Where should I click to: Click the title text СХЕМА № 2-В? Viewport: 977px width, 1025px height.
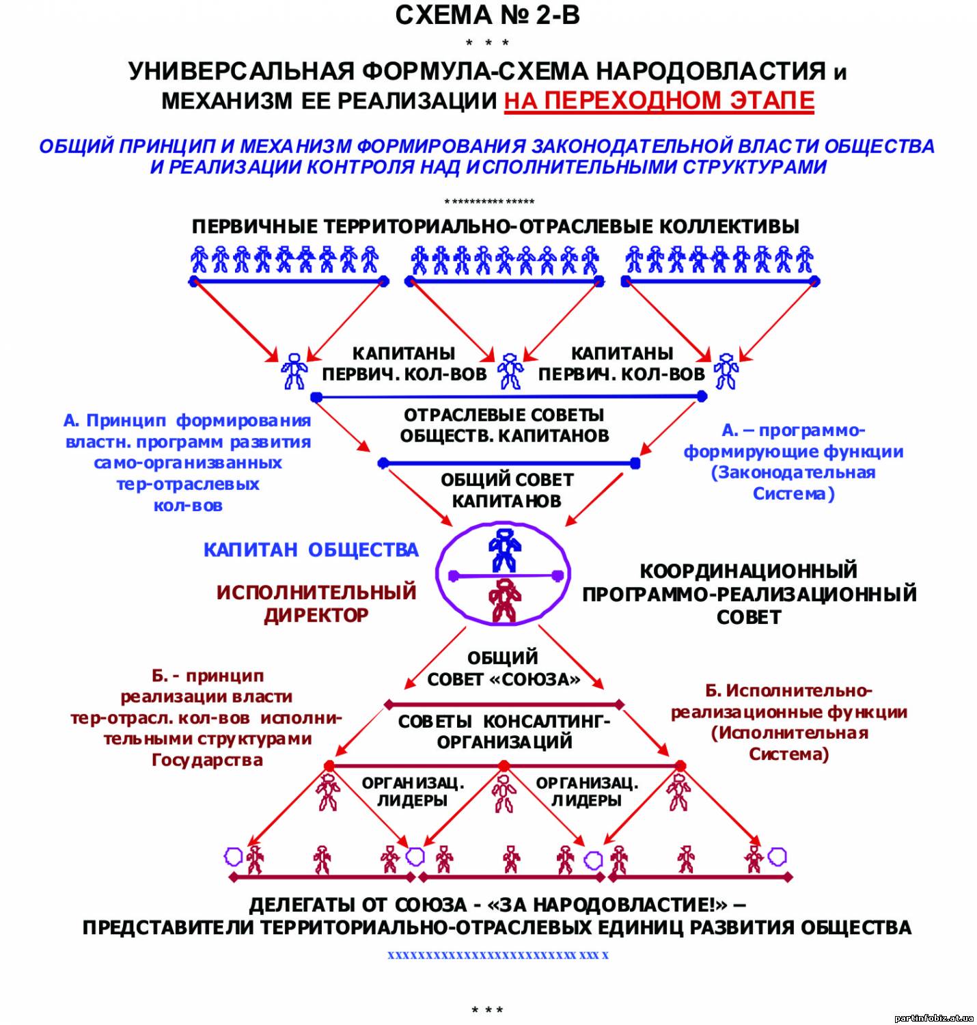[x=487, y=15]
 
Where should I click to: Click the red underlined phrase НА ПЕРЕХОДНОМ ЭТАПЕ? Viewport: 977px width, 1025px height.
[x=659, y=100]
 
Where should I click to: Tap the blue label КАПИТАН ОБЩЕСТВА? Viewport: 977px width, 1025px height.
[x=311, y=550]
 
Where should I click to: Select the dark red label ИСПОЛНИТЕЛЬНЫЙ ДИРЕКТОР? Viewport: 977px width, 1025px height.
[x=316, y=604]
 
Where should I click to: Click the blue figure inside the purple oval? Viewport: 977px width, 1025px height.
[x=504, y=550]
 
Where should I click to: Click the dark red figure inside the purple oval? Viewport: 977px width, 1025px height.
[x=504, y=600]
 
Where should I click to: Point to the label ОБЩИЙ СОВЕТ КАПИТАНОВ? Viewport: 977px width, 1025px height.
[x=507, y=490]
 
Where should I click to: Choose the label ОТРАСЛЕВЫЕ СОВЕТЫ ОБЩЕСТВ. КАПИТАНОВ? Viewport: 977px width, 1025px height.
[x=504, y=425]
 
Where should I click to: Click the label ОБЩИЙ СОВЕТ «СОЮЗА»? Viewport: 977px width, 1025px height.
[x=504, y=668]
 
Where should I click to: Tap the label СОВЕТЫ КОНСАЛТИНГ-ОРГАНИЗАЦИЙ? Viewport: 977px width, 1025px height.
[x=504, y=731]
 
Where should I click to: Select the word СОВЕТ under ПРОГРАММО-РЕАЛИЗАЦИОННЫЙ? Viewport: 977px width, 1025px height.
[x=749, y=617]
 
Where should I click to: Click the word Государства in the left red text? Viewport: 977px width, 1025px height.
[x=207, y=760]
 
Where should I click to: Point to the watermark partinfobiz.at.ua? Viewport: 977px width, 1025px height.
[x=934, y=1017]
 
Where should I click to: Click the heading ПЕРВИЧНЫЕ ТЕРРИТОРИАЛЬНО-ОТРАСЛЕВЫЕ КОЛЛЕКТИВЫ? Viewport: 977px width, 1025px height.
[x=495, y=227]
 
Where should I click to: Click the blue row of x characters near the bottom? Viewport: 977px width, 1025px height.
[x=498, y=955]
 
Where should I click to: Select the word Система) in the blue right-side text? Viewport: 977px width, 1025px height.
[x=793, y=494]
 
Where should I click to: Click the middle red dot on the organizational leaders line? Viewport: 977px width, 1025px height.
[x=504, y=766]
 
